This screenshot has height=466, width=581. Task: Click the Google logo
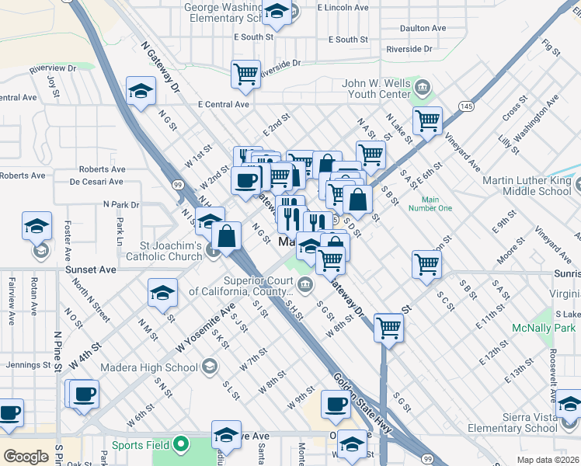point(26,457)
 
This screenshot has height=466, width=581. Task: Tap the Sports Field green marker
point(181,445)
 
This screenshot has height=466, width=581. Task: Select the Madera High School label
point(162,367)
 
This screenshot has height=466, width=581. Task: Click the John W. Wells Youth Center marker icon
point(423,85)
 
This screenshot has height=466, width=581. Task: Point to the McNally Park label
point(544,328)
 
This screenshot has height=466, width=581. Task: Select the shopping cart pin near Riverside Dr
point(245,75)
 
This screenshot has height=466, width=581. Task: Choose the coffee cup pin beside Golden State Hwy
point(336,405)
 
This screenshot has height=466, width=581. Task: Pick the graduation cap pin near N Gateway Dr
point(141,92)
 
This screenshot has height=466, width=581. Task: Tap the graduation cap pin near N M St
point(162,293)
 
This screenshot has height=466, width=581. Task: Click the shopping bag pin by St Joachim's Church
point(226,236)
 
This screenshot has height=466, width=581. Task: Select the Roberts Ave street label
point(102,169)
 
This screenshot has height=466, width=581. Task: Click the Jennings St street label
point(27,364)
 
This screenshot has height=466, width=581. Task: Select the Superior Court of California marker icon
point(306,283)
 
